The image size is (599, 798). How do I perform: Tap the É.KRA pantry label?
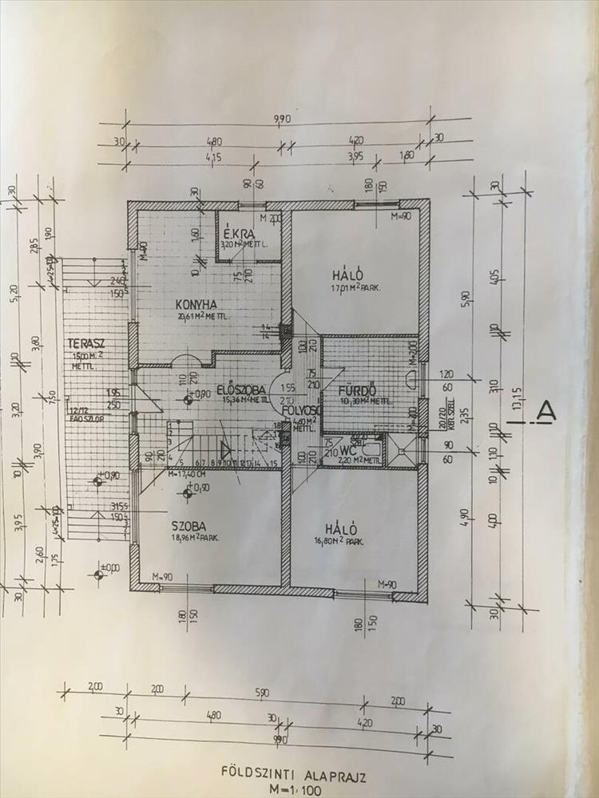[238, 234]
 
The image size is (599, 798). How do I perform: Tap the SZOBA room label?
[188, 526]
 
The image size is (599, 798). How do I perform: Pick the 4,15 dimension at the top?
[212, 156]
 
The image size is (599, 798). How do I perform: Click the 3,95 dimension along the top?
[355, 156]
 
